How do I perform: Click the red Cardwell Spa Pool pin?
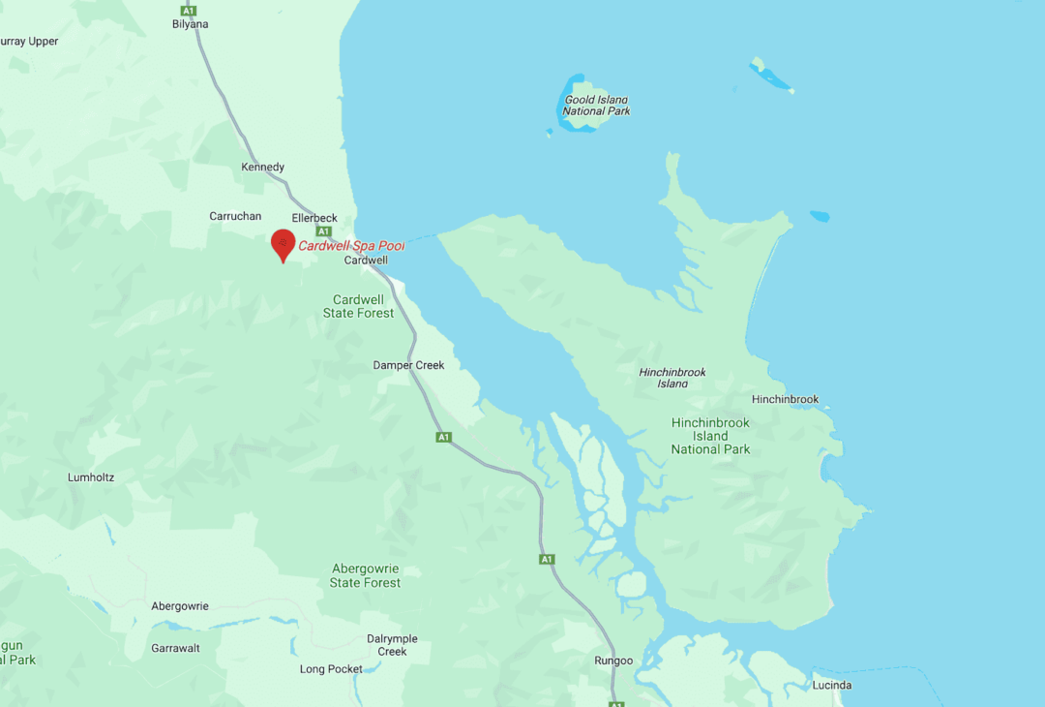tap(283, 243)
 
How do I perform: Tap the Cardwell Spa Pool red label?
tap(351, 246)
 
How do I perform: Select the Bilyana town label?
tap(190, 24)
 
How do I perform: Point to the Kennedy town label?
tap(263, 168)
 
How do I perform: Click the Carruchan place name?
tap(235, 216)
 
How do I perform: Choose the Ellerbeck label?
tap(314, 219)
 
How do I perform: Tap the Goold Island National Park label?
tap(596, 106)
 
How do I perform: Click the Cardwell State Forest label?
tap(359, 306)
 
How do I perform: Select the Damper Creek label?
tap(408, 365)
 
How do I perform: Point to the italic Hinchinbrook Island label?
tap(672, 378)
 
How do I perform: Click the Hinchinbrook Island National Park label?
tap(710, 436)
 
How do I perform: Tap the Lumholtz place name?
tap(91, 477)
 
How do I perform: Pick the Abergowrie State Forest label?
tap(365, 575)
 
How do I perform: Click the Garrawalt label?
tap(175, 648)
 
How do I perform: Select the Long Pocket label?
tap(331, 669)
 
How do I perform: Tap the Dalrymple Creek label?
tap(392, 645)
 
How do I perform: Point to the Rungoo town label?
tap(613, 661)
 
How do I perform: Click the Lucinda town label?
tap(832, 686)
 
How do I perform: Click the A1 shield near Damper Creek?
tap(443, 438)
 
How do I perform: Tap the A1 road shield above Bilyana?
tap(189, 10)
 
